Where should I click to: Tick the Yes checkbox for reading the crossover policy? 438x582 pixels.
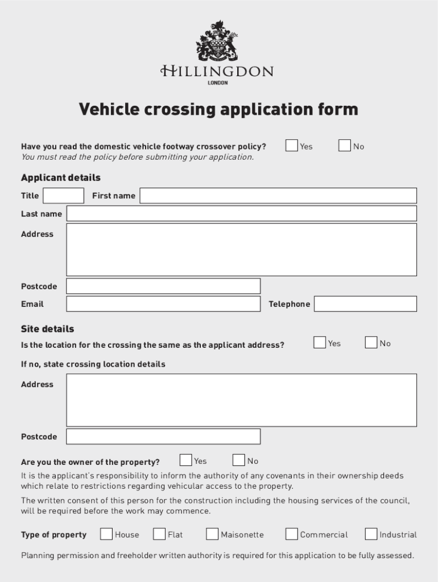[x=291, y=145]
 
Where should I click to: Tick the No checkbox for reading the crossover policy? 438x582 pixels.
[x=344, y=145]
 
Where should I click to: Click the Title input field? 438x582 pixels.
[x=63, y=196]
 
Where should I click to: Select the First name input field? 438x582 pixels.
[x=278, y=196]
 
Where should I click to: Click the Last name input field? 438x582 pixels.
[x=241, y=214]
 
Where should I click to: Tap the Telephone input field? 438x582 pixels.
[x=365, y=304]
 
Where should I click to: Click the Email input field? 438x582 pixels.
[x=163, y=304]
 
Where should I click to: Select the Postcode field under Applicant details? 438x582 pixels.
[x=163, y=286]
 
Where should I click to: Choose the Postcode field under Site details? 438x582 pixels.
[x=163, y=436]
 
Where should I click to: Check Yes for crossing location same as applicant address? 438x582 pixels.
[x=320, y=342]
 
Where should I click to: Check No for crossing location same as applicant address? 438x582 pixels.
[x=371, y=342]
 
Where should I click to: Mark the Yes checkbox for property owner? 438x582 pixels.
[x=185, y=460]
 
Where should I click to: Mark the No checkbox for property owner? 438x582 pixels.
[x=239, y=460]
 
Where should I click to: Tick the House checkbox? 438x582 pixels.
[x=106, y=534]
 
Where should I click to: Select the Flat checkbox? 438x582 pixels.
[x=159, y=534]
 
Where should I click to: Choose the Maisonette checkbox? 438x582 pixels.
[x=212, y=534]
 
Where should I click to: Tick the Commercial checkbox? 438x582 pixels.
[x=291, y=534]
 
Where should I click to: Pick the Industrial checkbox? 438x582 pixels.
[x=371, y=534]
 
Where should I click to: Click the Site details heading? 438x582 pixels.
[x=47, y=329]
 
